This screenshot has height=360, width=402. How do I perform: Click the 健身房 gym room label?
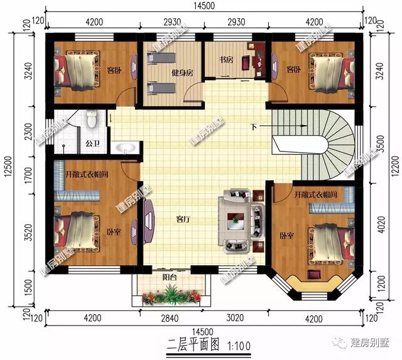tap(182, 73)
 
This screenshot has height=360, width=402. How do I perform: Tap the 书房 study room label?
tap(226, 60)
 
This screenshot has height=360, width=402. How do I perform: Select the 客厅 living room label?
tap(183, 220)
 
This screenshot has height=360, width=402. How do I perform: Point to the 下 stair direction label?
tap(254, 128)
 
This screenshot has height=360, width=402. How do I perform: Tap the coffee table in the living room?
tap(236, 220)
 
